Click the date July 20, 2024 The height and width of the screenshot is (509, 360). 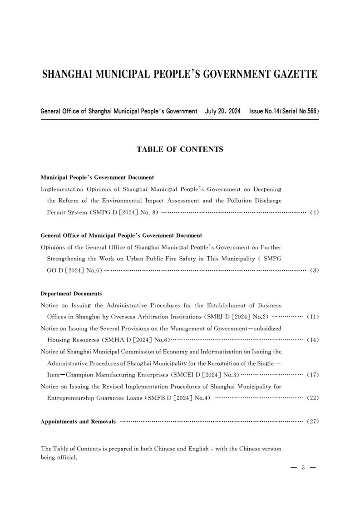pyautogui.click(x=222, y=111)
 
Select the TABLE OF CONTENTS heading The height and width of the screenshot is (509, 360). pyautogui.click(x=180, y=149)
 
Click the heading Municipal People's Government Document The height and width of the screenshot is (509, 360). pyautogui.click(x=97, y=177)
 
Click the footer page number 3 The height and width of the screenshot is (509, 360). pyautogui.click(x=303, y=469)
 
